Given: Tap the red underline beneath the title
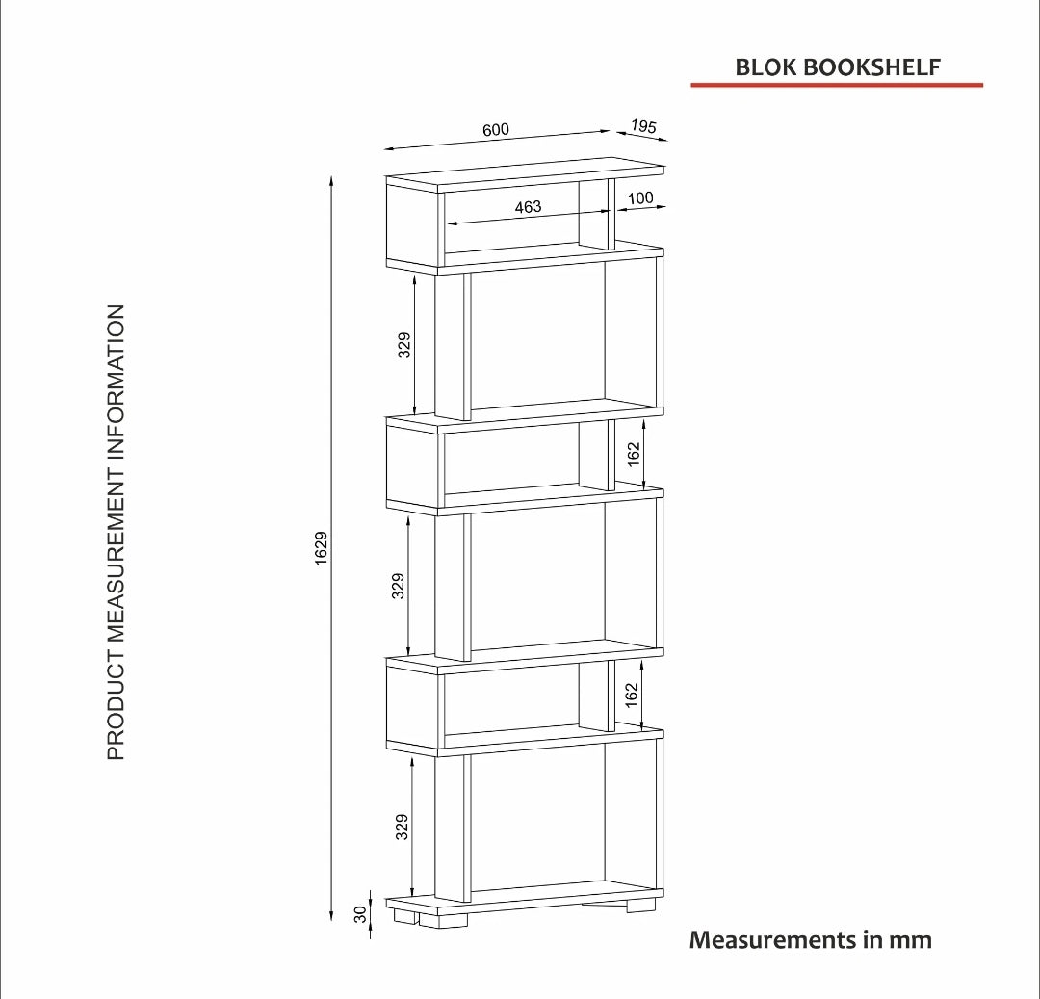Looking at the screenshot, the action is tap(837, 85).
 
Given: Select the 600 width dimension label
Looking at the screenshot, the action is tap(496, 129).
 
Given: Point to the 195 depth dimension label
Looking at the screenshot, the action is tap(642, 126).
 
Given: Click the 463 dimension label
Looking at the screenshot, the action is tap(528, 207).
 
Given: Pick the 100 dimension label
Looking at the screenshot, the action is tap(640, 197).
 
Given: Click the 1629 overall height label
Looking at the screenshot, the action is tap(321, 548).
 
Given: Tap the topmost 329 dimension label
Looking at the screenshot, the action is tap(403, 345).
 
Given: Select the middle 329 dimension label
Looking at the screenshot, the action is tap(398, 587).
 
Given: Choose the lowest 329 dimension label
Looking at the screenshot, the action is tap(402, 828).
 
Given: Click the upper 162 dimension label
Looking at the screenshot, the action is tap(634, 455).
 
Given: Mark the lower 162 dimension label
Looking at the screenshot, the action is tap(631, 696).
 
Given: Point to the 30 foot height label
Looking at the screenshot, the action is tap(360, 914).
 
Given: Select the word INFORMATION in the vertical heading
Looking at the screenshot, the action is tap(116, 386).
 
